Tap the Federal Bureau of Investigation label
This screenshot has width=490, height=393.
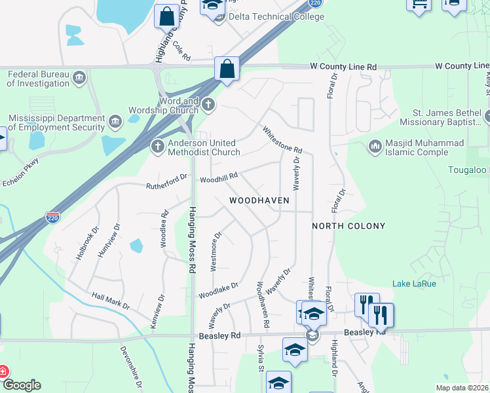pyautogui.click(x=39, y=79)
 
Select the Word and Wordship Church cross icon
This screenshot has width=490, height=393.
pyautogui.click(x=208, y=103)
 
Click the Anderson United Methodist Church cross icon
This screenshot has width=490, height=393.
pyautogui.click(x=157, y=147)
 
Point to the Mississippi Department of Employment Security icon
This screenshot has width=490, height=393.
pyautogui.click(x=115, y=121)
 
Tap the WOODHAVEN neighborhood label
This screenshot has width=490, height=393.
pyautogui.click(x=259, y=200)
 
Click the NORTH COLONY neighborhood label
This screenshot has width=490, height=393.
pyautogui.click(x=348, y=226)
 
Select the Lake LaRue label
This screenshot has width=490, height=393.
pyautogui.click(x=414, y=284)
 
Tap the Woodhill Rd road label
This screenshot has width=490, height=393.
pyautogui.click(x=218, y=178)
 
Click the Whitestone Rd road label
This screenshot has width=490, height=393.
pyautogui.click(x=282, y=140)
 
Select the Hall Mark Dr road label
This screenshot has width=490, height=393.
pyautogui.click(x=111, y=302)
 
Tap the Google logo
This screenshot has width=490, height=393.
pyautogui.click(x=22, y=385)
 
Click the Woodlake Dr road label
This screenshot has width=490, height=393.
pyautogui.click(x=218, y=290)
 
